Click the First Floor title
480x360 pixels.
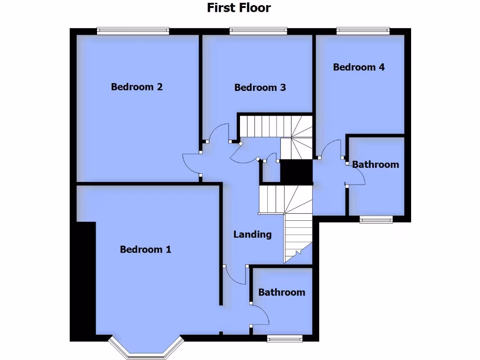(239, 7)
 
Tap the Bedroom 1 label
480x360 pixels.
(145, 249)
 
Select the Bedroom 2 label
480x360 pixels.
(137, 87)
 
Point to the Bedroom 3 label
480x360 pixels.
(260, 88)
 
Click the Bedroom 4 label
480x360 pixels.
(359, 67)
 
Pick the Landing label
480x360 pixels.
(253, 234)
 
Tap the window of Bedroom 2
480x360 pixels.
(133, 31)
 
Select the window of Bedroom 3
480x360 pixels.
(258, 31)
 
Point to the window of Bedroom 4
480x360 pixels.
(363, 31)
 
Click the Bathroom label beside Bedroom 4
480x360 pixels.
(375, 165)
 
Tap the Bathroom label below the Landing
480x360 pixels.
(282, 292)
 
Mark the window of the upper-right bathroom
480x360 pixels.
(376, 219)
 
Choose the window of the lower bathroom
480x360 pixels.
(285, 338)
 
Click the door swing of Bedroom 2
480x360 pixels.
(191, 164)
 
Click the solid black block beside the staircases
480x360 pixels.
(296, 172)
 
